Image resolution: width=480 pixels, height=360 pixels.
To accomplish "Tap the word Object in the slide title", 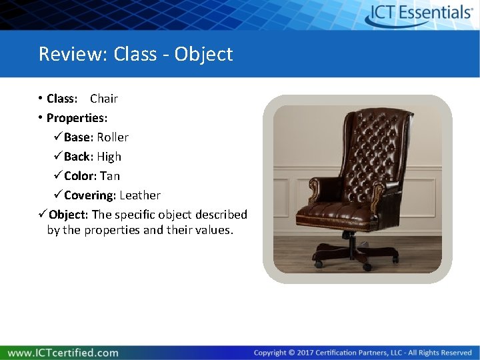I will (x=203, y=54).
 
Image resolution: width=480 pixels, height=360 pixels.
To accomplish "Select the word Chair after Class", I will (x=104, y=99).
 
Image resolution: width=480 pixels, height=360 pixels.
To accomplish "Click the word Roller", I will (x=113, y=137).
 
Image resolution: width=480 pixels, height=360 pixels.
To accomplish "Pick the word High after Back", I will (x=109, y=157).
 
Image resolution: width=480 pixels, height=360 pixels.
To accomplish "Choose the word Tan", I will (x=110, y=176).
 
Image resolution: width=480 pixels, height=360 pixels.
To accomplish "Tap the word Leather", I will (x=140, y=195).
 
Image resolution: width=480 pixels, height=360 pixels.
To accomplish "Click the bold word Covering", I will (x=90, y=195).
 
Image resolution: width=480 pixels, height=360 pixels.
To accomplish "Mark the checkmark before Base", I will (x=57, y=137).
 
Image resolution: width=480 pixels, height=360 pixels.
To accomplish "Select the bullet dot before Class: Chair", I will (x=41, y=99).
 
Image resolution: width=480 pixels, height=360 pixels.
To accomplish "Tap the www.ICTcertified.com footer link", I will (x=64, y=353).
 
